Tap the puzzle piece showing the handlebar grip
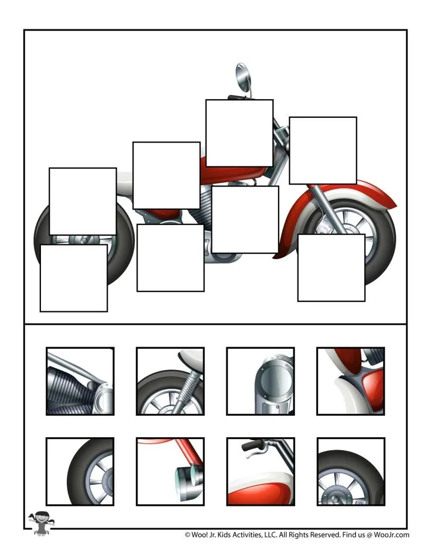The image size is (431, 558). (261, 471)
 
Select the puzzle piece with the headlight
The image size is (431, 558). (170, 471)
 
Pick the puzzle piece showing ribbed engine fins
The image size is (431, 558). (80, 381)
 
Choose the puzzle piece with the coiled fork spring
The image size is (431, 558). (170, 381)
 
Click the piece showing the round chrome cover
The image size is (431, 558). (261, 381)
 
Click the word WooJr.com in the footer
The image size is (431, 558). (392, 535)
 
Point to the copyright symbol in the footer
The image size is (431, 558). (187, 535)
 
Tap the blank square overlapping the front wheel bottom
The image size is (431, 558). (331, 268)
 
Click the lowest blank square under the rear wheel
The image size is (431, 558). (74, 278)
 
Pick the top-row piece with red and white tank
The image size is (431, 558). (351, 381)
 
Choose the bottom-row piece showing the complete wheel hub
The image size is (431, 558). (351, 471)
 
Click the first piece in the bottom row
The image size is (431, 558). (80, 471)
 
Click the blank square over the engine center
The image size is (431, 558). (245, 220)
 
